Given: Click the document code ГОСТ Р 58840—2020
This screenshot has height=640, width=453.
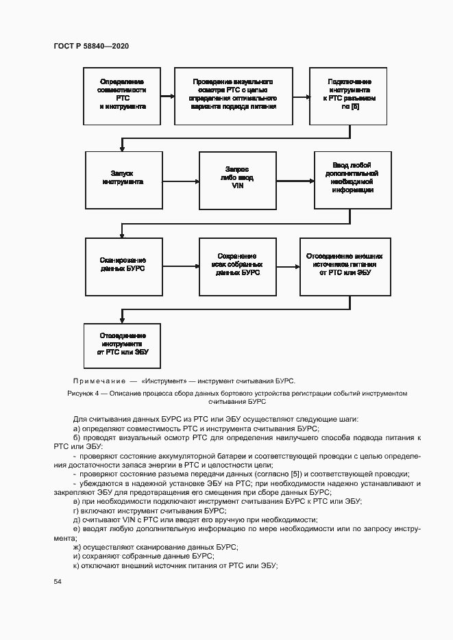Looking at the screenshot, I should click(x=91, y=46).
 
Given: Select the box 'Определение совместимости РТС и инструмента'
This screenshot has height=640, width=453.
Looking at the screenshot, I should click(x=123, y=96).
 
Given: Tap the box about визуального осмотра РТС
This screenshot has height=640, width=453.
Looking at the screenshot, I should click(x=233, y=96).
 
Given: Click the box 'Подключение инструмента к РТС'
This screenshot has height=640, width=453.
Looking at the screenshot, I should click(x=350, y=96).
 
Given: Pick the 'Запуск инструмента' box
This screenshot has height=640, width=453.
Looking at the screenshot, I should click(x=123, y=180).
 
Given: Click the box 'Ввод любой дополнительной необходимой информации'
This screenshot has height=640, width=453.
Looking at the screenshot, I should click(x=353, y=179).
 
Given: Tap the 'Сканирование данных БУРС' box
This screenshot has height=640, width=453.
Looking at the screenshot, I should click(x=123, y=265).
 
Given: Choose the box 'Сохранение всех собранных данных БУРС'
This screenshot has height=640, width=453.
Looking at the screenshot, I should click(x=236, y=265).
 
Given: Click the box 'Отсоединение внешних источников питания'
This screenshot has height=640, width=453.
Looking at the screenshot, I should click(x=345, y=265).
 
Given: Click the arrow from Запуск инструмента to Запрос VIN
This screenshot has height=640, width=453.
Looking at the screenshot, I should click(x=180, y=181).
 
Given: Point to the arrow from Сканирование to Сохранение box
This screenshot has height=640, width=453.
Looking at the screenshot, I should click(x=180, y=266).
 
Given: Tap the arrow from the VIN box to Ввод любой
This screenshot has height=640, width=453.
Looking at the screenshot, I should click(x=294, y=181).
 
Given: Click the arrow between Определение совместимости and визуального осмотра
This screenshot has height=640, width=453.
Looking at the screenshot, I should click(x=168, y=97).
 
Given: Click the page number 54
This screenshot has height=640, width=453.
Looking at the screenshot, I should click(x=57, y=581).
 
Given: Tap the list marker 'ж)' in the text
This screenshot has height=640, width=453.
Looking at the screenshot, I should click(x=77, y=547).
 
